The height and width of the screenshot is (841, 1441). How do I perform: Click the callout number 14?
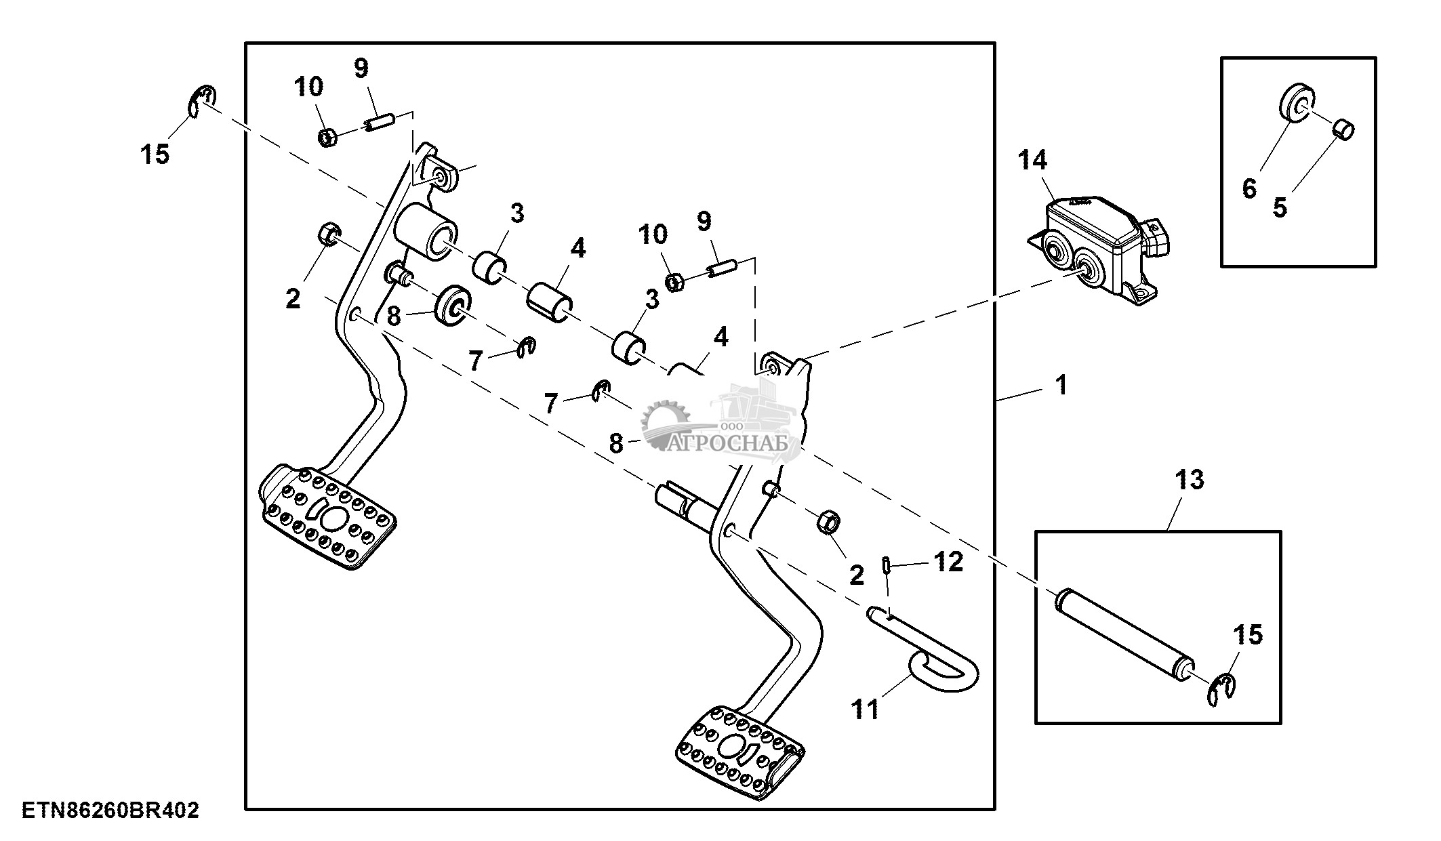coord(1032,161)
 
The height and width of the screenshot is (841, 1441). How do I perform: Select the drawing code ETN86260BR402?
coord(110,811)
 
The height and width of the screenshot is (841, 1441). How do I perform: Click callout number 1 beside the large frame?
coord(1061,386)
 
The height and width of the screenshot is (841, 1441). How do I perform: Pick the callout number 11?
coord(866,709)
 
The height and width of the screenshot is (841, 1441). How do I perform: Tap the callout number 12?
coord(948,562)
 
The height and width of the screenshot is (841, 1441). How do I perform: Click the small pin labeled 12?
coord(886,565)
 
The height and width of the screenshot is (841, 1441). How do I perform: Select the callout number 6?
coord(1249,188)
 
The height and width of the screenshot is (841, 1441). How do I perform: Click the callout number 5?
coord(1280,207)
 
